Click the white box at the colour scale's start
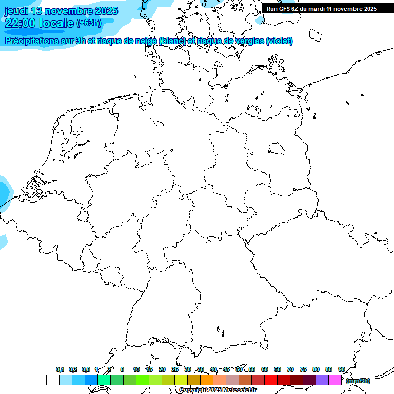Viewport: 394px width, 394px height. pos(52,380)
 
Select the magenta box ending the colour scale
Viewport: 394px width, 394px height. pos(335,380)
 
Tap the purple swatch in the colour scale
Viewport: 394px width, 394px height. pos(322,380)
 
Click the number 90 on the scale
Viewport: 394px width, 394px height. pos(342,369)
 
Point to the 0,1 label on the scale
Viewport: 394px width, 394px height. pos(60,369)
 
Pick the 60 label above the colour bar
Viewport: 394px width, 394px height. pos(265,369)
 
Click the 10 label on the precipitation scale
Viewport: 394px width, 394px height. pos(136,369)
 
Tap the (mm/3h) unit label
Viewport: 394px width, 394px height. pos(358,381)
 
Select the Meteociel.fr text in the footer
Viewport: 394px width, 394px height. pos(241,390)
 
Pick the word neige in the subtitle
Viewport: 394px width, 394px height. pos(146,41)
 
